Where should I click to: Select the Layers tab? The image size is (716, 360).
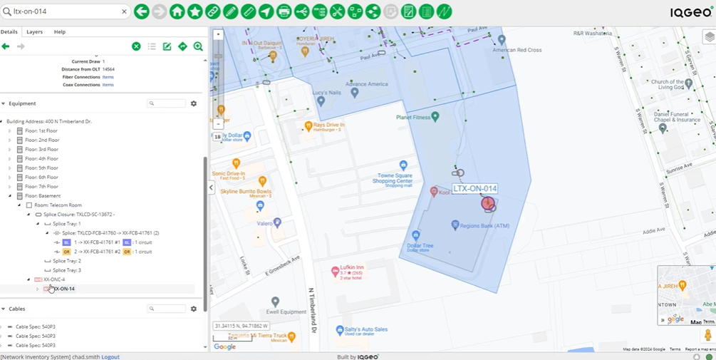click(x=34, y=32)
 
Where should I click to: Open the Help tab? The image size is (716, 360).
click(x=60, y=32)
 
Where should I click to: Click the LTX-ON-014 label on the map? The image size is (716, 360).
click(x=474, y=189)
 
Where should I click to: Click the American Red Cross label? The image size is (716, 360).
click(x=517, y=50)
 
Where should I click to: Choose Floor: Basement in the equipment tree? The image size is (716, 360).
click(x=43, y=196)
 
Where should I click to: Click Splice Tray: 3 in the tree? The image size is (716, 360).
click(x=67, y=270)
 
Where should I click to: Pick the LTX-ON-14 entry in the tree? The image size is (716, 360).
click(x=64, y=289)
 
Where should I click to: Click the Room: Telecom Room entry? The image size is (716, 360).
click(x=58, y=205)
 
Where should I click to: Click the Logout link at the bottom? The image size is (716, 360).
click(x=110, y=356)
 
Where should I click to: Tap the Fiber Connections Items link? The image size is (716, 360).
click(x=108, y=77)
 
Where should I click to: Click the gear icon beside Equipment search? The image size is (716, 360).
click(x=193, y=103)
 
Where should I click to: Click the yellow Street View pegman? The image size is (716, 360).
click(x=707, y=335)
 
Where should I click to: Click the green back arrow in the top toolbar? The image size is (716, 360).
click(x=141, y=11)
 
